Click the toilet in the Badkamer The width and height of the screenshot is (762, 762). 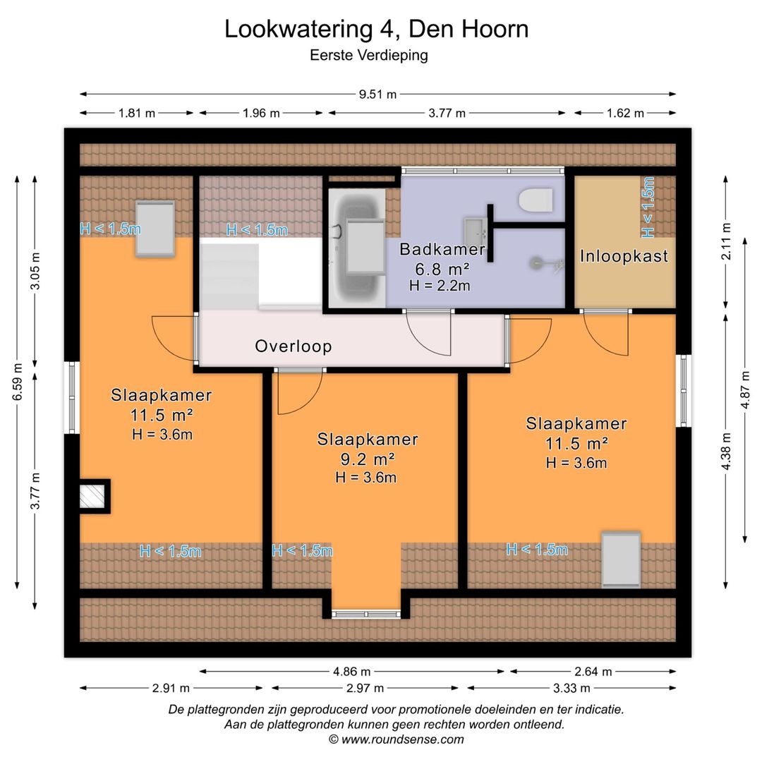tap(536, 200)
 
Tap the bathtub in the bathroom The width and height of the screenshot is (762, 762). tap(358, 248)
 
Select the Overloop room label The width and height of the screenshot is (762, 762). tap(294, 346)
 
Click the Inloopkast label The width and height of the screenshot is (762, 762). tap(624, 256)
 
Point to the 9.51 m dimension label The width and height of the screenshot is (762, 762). tap(377, 95)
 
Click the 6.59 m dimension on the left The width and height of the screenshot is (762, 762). tap(18, 382)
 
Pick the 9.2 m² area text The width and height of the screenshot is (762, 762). tap(368, 459)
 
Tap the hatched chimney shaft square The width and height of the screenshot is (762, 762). tap(92, 496)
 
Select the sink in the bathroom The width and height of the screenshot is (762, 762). tap(476, 232)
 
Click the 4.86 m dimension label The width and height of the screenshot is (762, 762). tap(352, 672)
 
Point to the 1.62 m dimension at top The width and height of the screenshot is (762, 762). tap(625, 113)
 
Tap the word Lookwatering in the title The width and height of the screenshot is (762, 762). tap(298, 29)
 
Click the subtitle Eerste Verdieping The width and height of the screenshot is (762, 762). tap(369, 56)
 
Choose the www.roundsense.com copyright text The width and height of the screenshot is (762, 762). tap(397, 739)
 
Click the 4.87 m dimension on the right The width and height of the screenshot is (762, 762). tap(745, 390)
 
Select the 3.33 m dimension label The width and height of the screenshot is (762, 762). tap(571, 688)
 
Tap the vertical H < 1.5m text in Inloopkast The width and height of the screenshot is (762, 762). tap(648, 207)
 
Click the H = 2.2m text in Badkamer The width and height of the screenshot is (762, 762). tap(440, 285)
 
